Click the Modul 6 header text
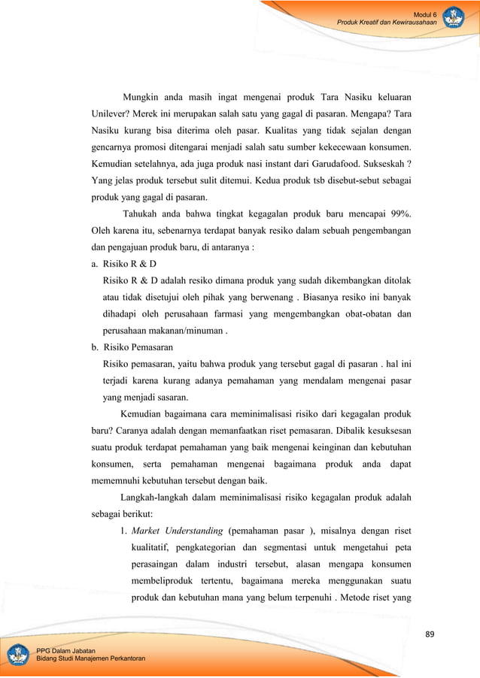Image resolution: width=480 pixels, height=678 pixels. point(425,14)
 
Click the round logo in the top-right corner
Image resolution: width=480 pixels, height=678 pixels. point(454,18)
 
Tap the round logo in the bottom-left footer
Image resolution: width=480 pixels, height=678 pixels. point(18,653)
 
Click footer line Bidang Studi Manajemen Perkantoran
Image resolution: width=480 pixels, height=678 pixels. point(90,658)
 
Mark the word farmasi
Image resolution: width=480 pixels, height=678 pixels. point(239,314)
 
